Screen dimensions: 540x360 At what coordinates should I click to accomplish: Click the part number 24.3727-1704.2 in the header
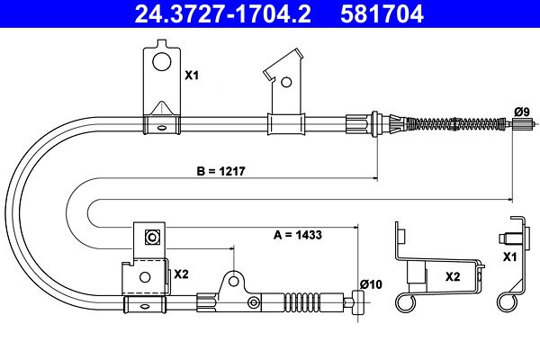(x=223, y=13)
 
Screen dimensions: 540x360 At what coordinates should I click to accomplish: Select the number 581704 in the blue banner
(x=382, y=13)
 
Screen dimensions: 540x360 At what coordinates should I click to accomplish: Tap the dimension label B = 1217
(x=220, y=171)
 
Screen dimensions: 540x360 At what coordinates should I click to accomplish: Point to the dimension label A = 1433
(x=298, y=235)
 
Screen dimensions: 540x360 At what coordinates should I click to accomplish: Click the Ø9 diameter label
(x=522, y=112)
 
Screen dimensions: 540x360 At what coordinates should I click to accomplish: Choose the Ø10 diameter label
(x=371, y=284)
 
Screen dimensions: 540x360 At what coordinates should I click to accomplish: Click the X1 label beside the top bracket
(x=192, y=75)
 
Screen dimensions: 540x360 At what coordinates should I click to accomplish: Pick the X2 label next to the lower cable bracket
(x=181, y=274)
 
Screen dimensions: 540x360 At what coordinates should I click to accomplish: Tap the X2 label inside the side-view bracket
(x=453, y=276)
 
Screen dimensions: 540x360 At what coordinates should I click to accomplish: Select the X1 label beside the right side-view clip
(x=510, y=257)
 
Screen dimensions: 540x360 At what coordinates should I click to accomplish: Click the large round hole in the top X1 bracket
(x=161, y=62)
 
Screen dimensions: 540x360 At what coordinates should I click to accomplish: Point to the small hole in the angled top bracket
(x=286, y=82)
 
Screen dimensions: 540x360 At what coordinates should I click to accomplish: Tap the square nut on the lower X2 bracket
(x=151, y=237)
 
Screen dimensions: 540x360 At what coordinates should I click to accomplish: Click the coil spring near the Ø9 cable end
(x=454, y=123)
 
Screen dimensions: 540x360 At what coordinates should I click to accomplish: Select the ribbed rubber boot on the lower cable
(x=301, y=302)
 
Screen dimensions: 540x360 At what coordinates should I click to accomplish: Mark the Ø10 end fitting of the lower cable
(x=358, y=302)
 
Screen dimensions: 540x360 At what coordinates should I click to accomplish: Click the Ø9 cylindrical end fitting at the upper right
(x=519, y=123)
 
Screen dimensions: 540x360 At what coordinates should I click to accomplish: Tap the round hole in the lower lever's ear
(x=233, y=282)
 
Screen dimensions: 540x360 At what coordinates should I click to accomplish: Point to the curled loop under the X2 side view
(x=405, y=302)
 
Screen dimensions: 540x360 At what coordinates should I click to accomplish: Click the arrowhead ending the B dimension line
(x=375, y=178)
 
